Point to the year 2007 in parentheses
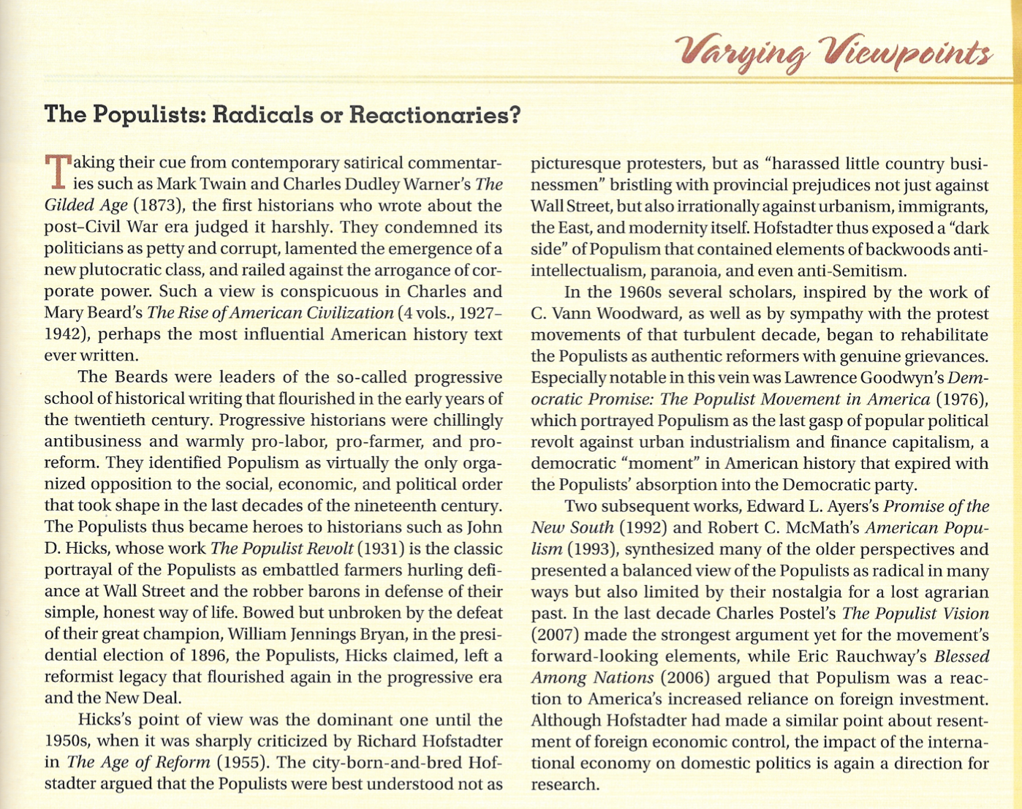coord(555,635)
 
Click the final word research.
coord(564,785)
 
